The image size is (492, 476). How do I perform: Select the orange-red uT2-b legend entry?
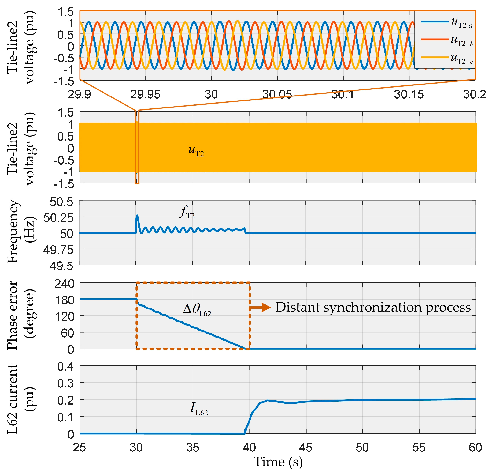pyautogui.click(x=447, y=40)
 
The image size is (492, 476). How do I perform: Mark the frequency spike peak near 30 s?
pyautogui.click(x=137, y=216)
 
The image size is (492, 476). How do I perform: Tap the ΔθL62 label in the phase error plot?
pyautogui.click(x=197, y=310)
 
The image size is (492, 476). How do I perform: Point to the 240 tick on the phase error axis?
pyautogui.click(x=65, y=284)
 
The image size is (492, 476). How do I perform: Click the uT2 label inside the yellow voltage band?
pyautogui.click(x=196, y=151)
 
